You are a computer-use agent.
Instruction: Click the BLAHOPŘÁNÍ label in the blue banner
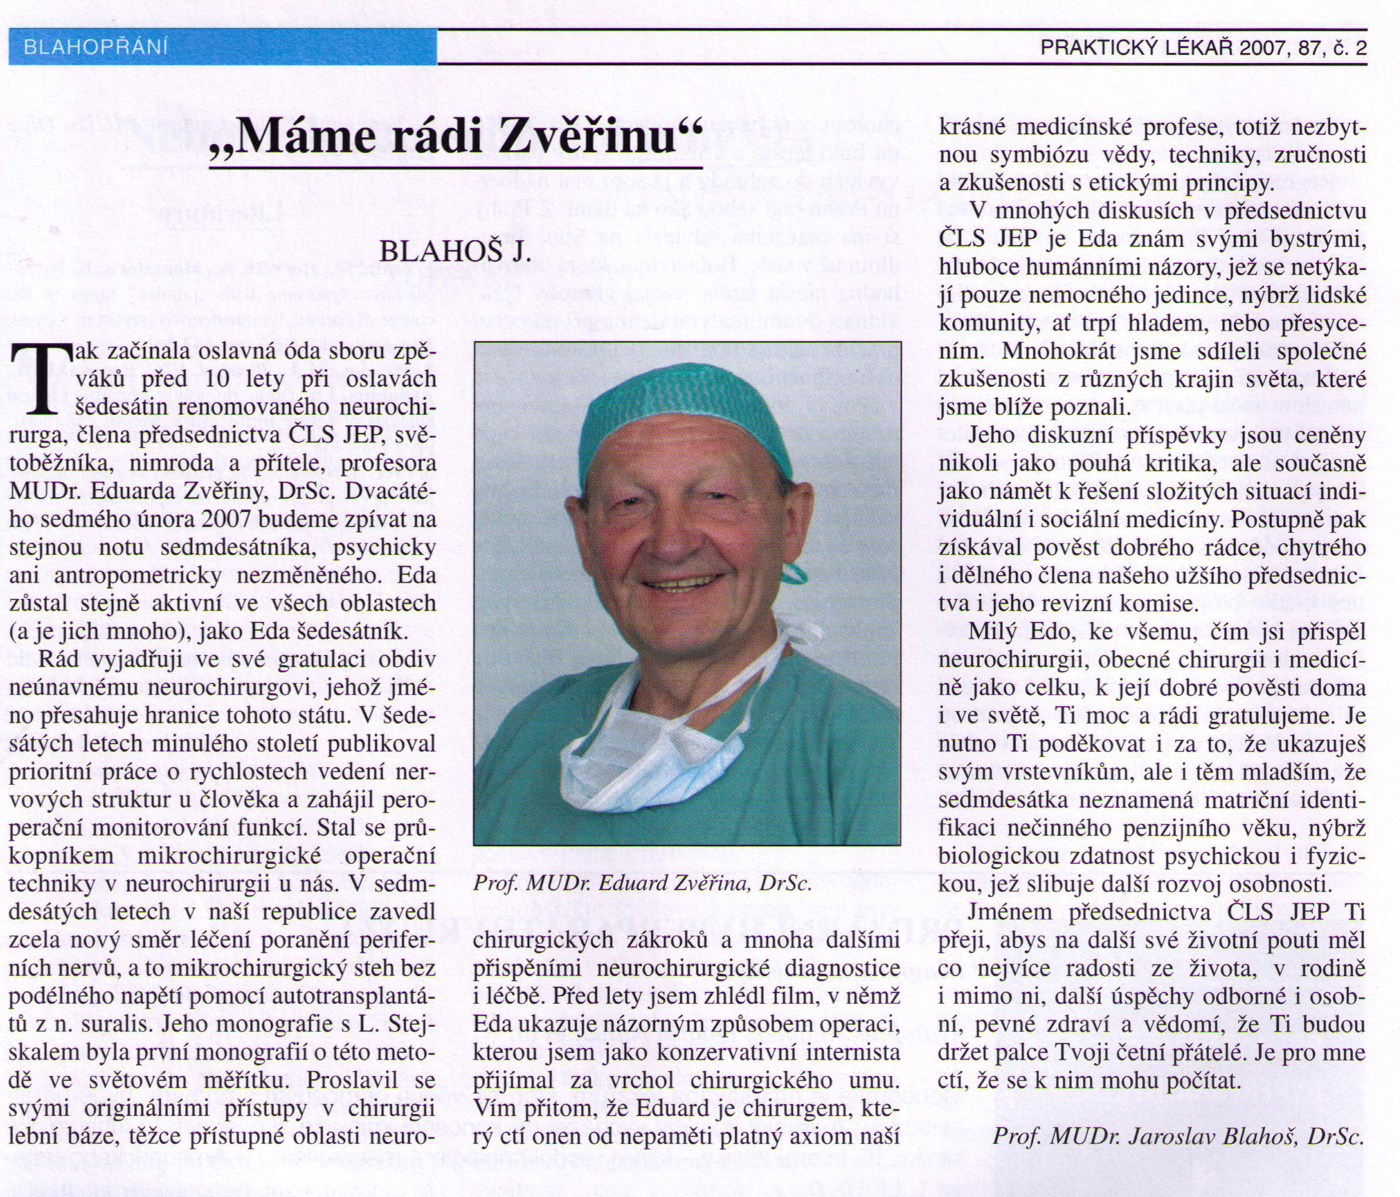[95, 47]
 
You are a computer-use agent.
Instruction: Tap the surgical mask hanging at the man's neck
[649, 763]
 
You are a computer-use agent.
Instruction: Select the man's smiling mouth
[683, 581]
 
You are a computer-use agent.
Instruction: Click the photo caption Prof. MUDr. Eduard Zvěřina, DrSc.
[642, 884]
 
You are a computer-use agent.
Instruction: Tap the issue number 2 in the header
[1360, 48]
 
